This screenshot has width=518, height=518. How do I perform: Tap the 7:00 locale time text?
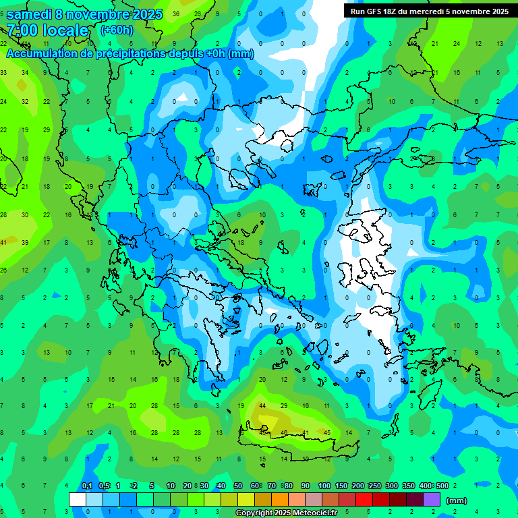47,30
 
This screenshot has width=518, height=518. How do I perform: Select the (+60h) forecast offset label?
117,30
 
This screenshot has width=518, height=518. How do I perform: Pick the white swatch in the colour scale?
78,500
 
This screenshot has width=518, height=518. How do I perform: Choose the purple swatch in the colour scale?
431,500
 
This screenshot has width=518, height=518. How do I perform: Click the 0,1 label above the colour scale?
87,486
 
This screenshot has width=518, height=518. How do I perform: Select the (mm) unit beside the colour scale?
457,500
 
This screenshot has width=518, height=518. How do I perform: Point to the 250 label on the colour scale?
374,486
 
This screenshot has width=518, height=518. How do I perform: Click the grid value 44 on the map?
262,405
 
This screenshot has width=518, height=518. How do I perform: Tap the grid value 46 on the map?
284,432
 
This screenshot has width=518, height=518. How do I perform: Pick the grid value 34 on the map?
25,73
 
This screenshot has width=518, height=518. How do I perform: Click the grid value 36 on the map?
176,13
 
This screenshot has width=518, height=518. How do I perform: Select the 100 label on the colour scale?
324,486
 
